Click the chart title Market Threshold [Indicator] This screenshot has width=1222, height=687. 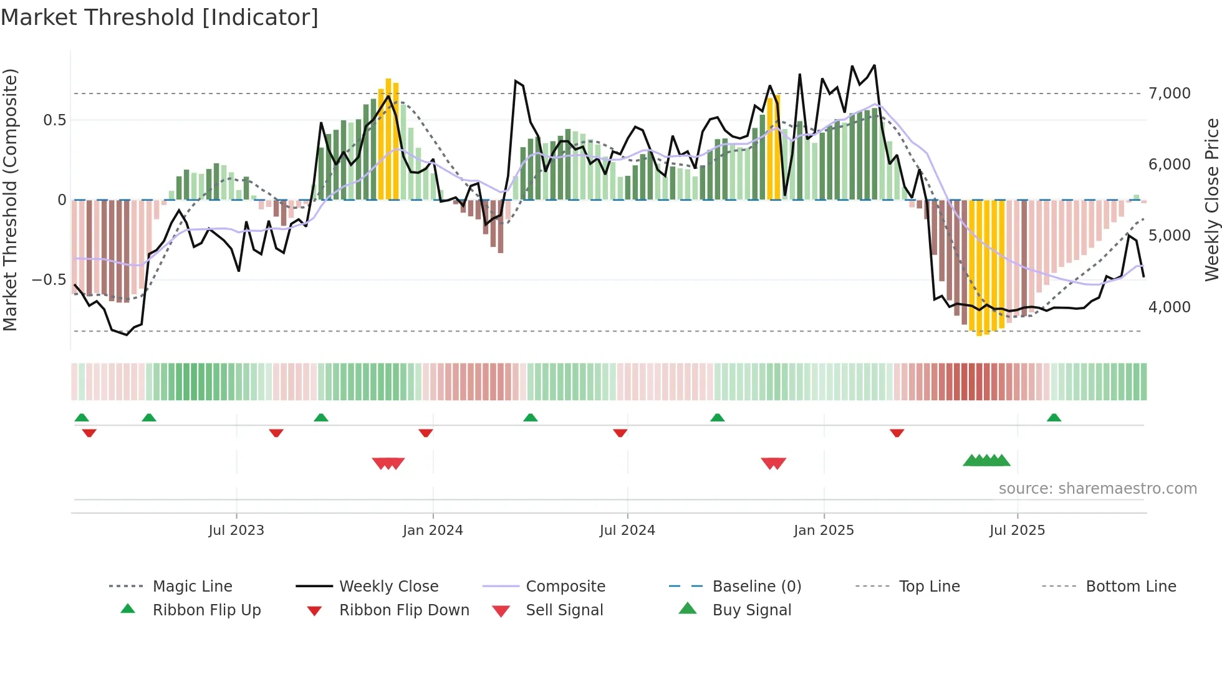pyautogui.click(x=160, y=17)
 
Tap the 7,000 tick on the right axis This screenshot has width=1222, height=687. pyautogui.click(x=1169, y=94)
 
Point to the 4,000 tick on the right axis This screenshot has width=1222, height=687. pyautogui.click(x=1169, y=307)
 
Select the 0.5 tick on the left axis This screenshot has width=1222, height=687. pyautogui.click(x=54, y=120)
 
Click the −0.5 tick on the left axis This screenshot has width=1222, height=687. pyautogui.click(x=49, y=279)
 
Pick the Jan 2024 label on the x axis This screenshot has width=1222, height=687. pyautogui.click(x=433, y=530)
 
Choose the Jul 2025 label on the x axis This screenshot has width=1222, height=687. pyautogui.click(x=1017, y=530)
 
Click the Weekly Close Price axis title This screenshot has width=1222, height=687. pyautogui.click(x=1211, y=199)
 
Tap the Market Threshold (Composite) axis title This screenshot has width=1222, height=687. pyautogui.click(x=10, y=199)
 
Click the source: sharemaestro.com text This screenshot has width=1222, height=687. pyautogui.click(x=1097, y=488)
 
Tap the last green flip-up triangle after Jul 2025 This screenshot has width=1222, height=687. pyautogui.click(x=1054, y=418)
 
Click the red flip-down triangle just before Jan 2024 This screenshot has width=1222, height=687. pyautogui.click(x=426, y=433)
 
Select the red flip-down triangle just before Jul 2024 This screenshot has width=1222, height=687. pyautogui.click(x=620, y=433)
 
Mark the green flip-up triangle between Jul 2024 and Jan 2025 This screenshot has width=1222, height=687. pyautogui.click(x=717, y=418)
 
